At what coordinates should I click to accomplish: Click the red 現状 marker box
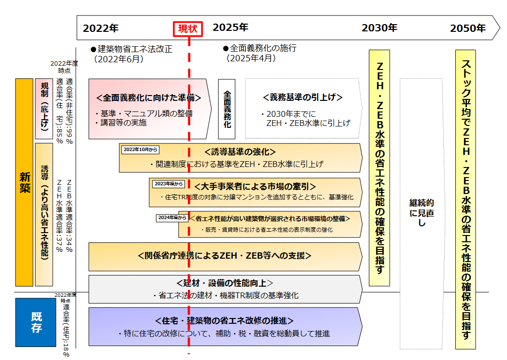click(x=188, y=28)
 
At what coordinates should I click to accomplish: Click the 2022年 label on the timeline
click(x=100, y=28)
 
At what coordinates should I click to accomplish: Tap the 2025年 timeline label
click(x=230, y=28)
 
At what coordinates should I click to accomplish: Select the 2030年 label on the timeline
click(x=379, y=28)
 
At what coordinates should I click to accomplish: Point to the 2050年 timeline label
click(x=467, y=28)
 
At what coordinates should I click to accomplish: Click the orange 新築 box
click(x=24, y=182)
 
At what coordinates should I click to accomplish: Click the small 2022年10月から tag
click(x=140, y=150)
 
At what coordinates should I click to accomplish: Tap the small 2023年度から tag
click(x=169, y=184)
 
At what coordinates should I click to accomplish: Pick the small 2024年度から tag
click(x=171, y=218)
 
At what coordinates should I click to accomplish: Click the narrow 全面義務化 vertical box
click(x=226, y=109)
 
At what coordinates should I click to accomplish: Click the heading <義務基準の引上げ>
click(x=303, y=97)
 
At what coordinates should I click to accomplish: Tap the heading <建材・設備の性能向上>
click(x=225, y=283)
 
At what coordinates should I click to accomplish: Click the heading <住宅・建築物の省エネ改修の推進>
click(x=225, y=320)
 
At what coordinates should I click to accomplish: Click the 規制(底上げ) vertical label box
click(x=44, y=109)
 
